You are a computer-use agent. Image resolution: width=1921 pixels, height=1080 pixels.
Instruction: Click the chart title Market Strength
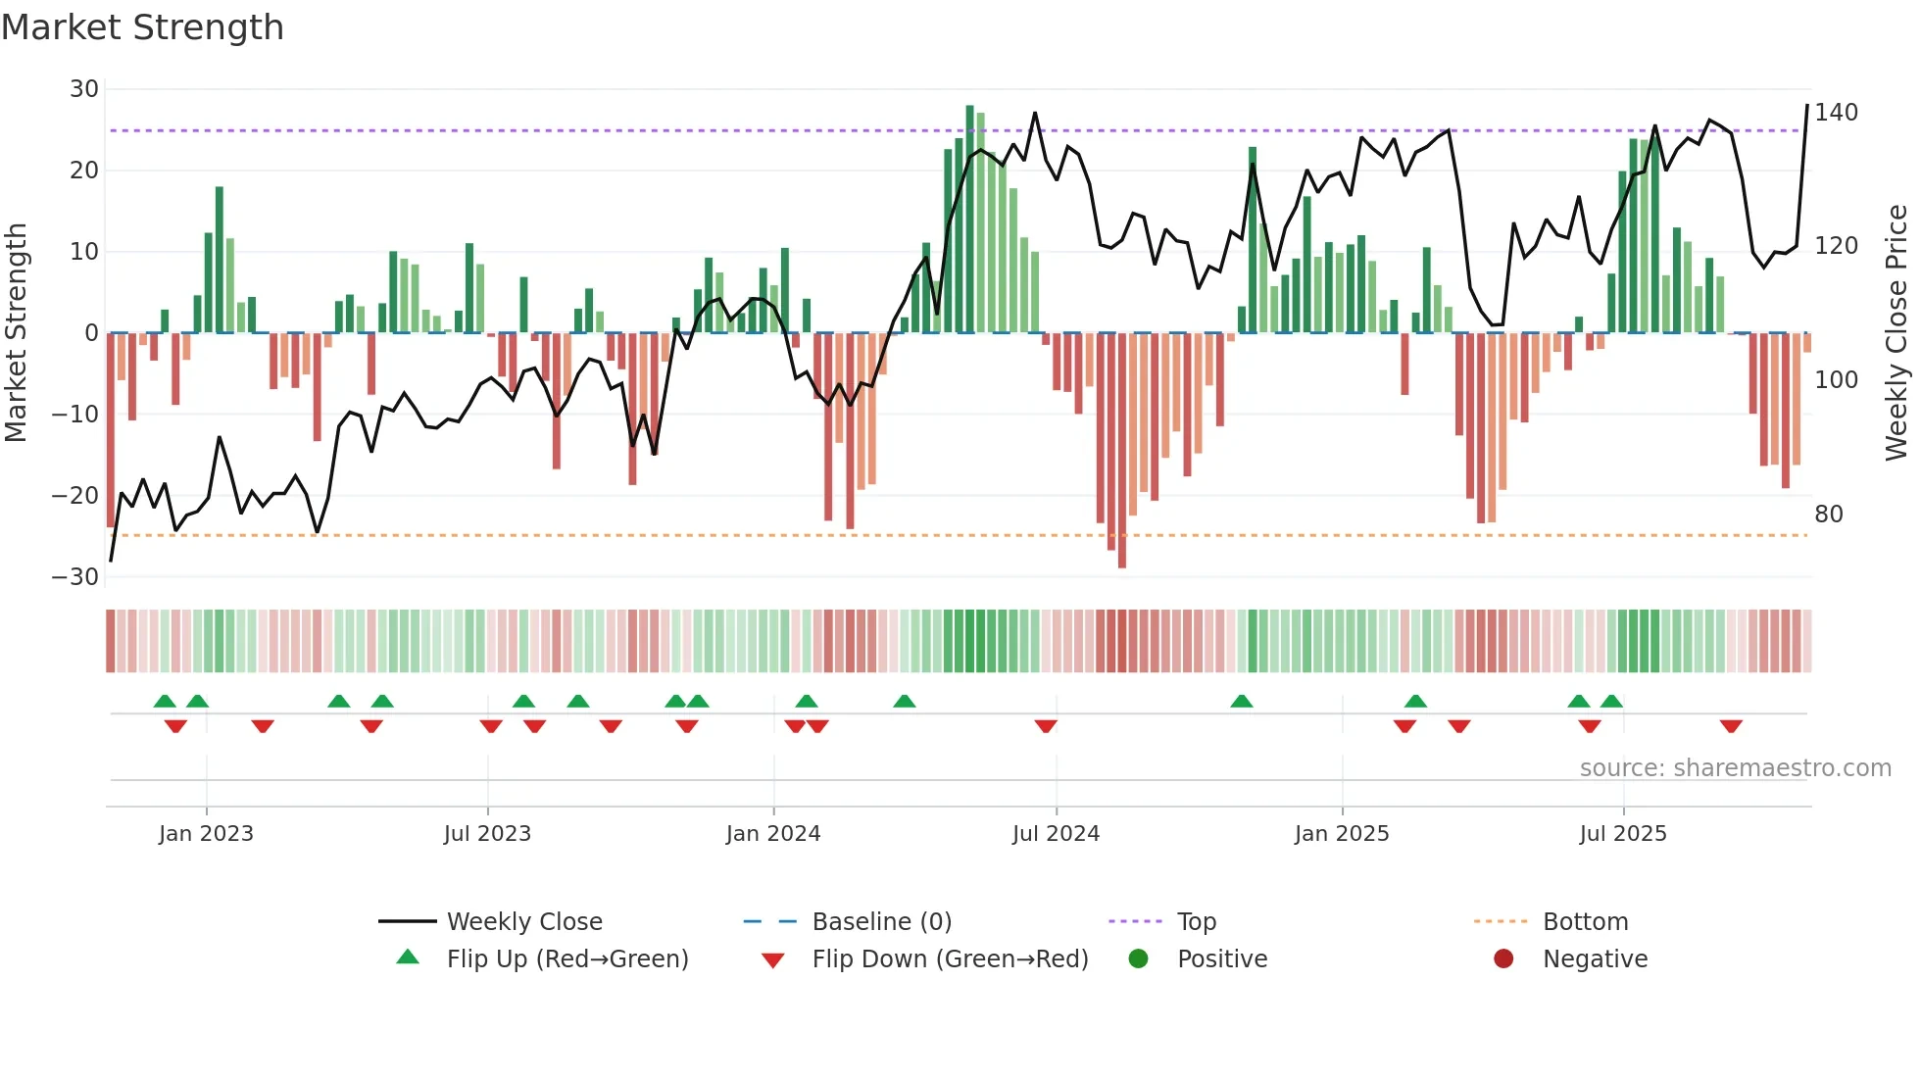pyautogui.click(x=142, y=27)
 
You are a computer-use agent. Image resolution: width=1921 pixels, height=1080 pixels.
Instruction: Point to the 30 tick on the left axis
pyautogui.click(x=84, y=89)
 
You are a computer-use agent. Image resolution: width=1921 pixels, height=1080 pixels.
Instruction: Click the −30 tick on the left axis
pyautogui.click(x=76, y=577)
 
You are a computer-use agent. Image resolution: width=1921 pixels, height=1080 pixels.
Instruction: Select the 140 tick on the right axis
pyautogui.click(x=1836, y=113)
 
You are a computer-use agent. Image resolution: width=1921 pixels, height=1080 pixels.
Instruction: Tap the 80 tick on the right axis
pyautogui.click(x=1829, y=515)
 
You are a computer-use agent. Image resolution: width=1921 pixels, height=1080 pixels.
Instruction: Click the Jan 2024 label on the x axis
pyautogui.click(x=773, y=834)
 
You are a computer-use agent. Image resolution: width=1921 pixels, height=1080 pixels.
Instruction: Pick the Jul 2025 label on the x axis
pyautogui.click(x=1623, y=834)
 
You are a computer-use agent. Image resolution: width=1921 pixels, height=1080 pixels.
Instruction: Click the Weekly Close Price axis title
pyautogui.click(x=1896, y=333)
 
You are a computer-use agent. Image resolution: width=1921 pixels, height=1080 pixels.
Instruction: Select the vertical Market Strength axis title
pyautogui.click(x=16, y=333)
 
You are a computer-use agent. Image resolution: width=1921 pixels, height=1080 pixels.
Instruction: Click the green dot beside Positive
pyautogui.click(x=1138, y=959)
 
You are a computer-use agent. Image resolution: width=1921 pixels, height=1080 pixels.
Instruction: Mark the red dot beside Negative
pyautogui.click(x=1503, y=959)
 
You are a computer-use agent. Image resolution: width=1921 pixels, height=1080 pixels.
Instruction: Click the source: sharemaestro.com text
pyautogui.click(x=1735, y=768)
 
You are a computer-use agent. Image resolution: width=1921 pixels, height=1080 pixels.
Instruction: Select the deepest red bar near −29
pyautogui.click(x=1122, y=451)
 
